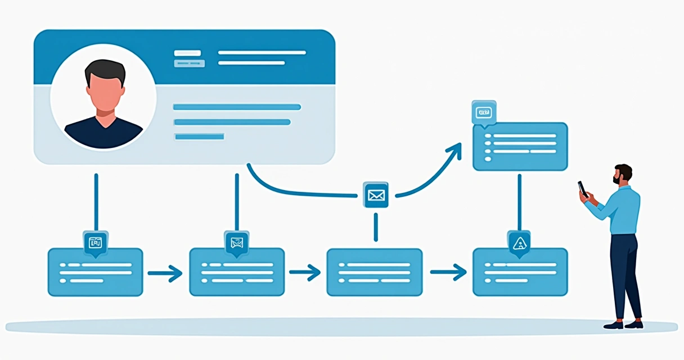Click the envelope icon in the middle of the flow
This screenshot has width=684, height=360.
375,195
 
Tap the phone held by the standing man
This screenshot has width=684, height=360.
583,188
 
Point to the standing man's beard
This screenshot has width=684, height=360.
618,179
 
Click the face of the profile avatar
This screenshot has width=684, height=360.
104,92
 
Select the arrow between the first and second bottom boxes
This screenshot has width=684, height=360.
165,273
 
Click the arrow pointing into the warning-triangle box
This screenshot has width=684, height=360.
448,273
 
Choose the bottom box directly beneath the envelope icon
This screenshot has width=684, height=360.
375,272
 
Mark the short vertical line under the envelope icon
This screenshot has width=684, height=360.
375,227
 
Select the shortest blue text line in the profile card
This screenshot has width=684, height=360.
199,136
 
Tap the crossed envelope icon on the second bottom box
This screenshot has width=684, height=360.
236,243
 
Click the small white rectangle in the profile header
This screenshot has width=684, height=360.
187,53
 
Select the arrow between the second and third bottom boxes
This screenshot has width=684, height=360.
304,273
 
